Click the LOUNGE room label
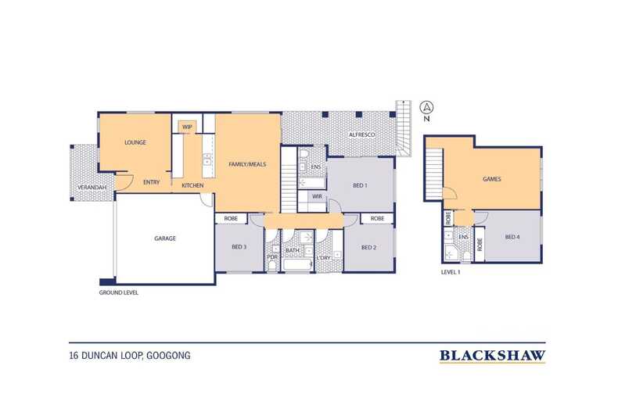click(x=135, y=142)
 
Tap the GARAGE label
click(x=165, y=238)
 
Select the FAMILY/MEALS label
click(x=247, y=164)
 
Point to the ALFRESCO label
click(x=362, y=134)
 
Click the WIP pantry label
click(x=187, y=127)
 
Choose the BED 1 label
click(x=360, y=185)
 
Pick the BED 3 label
click(x=239, y=247)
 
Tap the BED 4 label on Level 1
click(x=512, y=237)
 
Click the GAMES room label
click(x=492, y=179)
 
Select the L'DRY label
click(x=324, y=258)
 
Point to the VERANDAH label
click(x=92, y=188)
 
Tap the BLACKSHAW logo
click(x=493, y=356)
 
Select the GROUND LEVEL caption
click(x=119, y=292)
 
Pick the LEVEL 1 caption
click(x=451, y=272)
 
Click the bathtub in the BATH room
click(x=297, y=265)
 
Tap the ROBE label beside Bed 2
click(x=377, y=218)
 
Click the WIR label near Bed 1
click(x=318, y=196)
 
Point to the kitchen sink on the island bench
click(x=207, y=160)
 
